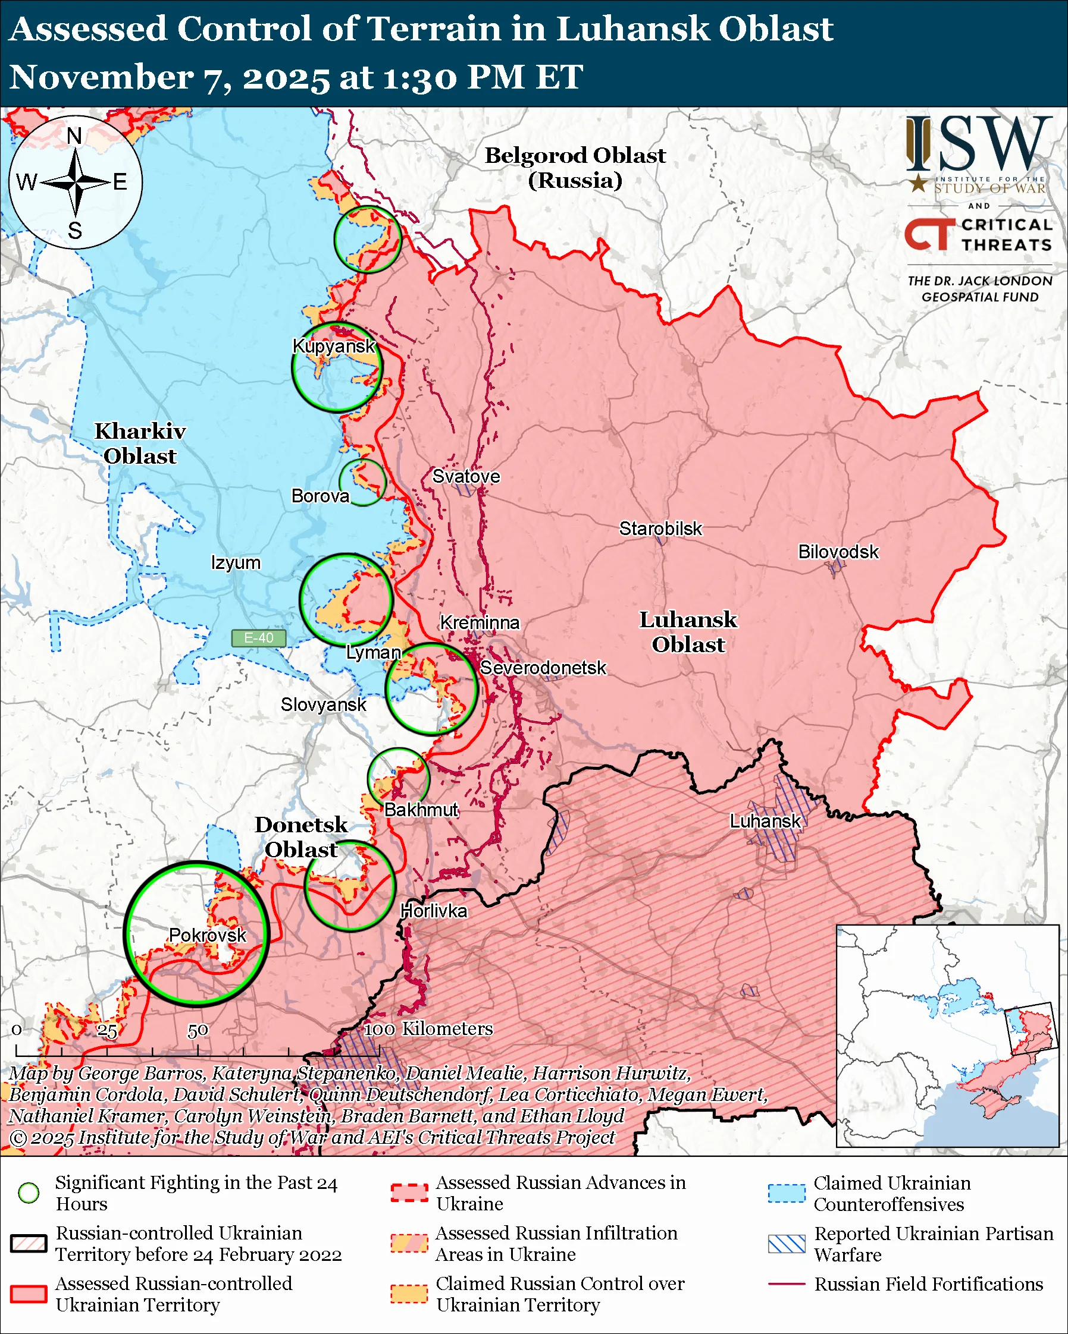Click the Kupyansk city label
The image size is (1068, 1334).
tap(334, 346)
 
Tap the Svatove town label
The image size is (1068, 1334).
tap(466, 476)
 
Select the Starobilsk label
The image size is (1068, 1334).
tap(660, 529)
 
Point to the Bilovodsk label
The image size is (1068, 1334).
tap(838, 552)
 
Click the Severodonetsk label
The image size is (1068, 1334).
tap(543, 668)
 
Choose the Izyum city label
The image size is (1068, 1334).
tap(235, 563)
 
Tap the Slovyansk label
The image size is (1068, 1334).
tap(323, 704)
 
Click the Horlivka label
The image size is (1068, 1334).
tap(433, 911)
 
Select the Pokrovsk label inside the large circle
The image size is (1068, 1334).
tap(208, 935)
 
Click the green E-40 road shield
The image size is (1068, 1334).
tap(258, 638)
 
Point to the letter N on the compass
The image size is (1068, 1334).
tap(74, 136)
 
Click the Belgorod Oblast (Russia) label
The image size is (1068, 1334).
tap(575, 168)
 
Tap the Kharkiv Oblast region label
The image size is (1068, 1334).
tap(140, 443)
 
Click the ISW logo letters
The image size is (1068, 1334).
tap(979, 145)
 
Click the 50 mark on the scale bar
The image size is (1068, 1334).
tap(198, 1031)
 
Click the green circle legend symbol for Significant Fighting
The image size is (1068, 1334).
tap(29, 1193)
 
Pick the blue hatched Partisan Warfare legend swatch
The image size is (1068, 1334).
tap(787, 1244)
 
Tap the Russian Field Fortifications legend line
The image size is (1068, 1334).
tap(787, 1284)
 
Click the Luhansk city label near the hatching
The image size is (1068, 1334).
tap(765, 821)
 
